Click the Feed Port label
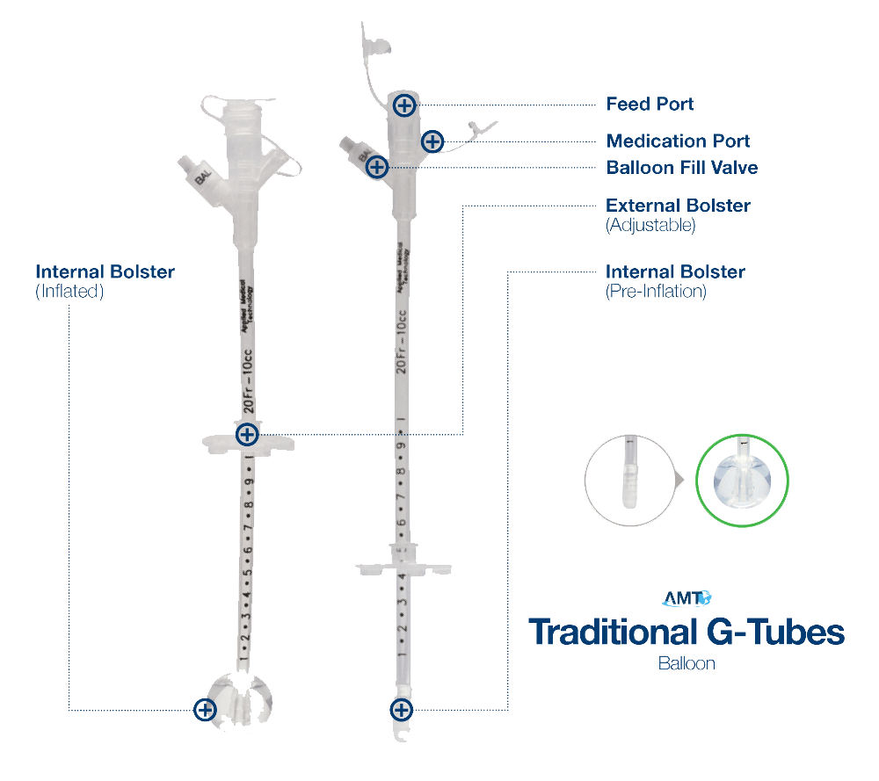[650, 105]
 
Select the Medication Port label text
[679, 141]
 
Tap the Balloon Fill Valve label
[682, 167]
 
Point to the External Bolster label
[679, 206]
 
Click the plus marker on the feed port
[403, 106]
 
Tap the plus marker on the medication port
[432, 141]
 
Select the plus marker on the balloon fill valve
[376, 165]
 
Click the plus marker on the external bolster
[247, 433]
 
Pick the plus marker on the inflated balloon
[205, 709]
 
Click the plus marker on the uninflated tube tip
[401, 709]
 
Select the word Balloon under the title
[686, 663]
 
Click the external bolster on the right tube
[401, 561]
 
